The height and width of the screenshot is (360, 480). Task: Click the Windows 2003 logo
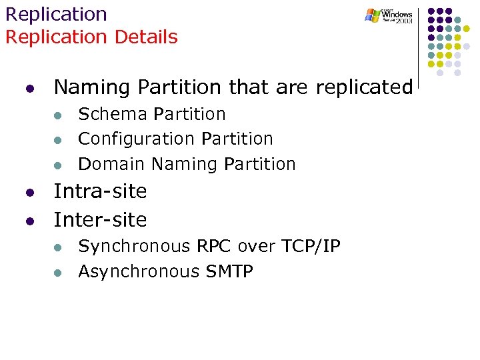tap(389, 16)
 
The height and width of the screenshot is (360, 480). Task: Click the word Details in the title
tap(146, 37)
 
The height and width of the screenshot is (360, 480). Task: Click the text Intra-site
tap(100, 191)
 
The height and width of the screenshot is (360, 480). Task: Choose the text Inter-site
tap(100, 219)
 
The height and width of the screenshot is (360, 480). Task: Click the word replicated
tap(364, 87)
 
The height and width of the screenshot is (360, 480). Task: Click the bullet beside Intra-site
tap(29, 193)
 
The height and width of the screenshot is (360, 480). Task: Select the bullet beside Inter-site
tap(29, 221)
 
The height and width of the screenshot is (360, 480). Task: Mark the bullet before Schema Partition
tap(58, 115)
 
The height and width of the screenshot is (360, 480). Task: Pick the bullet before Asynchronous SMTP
tap(58, 273)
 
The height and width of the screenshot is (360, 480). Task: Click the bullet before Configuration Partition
tap(58, 140)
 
